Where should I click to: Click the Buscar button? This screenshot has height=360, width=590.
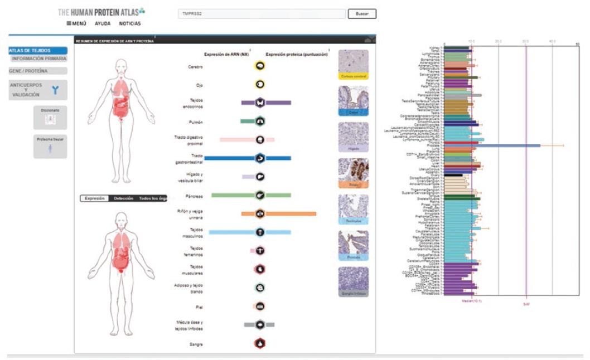pos(362,14)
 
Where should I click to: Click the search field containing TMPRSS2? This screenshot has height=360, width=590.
pos(261,14)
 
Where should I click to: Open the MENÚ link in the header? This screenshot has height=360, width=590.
pos(76,23)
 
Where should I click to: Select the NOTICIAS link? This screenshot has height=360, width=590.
pos(130,23)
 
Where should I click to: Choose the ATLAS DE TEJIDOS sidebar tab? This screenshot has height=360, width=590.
pos(38,51)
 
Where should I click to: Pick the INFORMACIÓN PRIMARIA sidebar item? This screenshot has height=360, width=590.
pos(39,59)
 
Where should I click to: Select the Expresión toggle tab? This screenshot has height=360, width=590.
pos(94,198)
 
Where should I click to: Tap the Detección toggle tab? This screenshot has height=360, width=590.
pos(123,198)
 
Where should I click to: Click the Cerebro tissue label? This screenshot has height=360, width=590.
pos(195,67)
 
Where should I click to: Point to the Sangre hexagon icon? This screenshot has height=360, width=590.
pos(260,344)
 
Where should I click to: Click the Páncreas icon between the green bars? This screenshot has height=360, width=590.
pos(260,195)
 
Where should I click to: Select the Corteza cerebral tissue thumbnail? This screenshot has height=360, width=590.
pos(354,64)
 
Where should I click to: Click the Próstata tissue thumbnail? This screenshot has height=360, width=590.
pos(354,245)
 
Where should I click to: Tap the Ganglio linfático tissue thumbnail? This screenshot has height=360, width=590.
pos(354,281)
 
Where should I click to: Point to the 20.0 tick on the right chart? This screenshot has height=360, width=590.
pos(499,42)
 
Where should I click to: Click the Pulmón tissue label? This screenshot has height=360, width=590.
pos(195,121)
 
